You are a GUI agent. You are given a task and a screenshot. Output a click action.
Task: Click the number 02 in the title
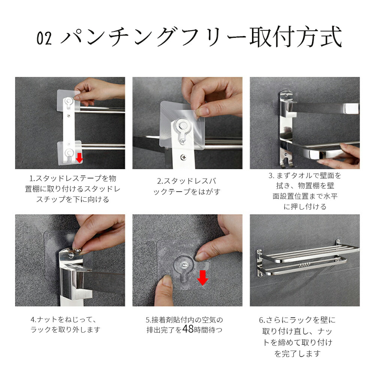coord(44,38)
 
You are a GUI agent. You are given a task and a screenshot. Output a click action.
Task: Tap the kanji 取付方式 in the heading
coord(296,37)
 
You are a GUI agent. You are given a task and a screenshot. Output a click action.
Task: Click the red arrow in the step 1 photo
coord(79,158)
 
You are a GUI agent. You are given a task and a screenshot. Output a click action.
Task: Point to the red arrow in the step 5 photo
coord(202,277)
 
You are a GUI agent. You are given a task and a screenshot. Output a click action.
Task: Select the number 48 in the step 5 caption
coord(188,329)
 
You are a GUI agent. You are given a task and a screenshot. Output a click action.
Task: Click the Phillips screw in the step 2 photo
coord(183,157)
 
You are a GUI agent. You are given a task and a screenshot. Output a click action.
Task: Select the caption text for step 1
coord(73,189)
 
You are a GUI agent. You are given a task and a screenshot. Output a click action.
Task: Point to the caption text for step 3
coord(305,191)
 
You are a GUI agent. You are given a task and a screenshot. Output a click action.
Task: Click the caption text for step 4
coord(65,324)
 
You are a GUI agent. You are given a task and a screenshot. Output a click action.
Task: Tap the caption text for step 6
coord(297,336)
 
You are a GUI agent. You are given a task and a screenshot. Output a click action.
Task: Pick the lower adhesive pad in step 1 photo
coord(69,153)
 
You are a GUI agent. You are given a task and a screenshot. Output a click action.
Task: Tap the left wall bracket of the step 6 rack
coord(260,263)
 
